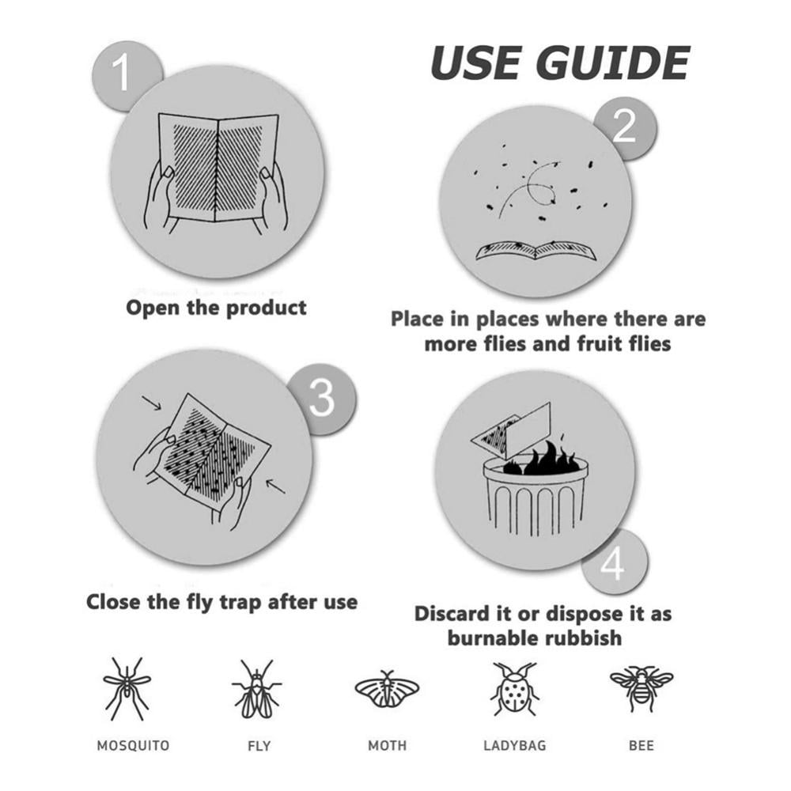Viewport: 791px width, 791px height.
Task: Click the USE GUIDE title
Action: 559,63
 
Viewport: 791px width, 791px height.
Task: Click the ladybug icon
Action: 514,688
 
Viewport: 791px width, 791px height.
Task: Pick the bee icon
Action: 641,687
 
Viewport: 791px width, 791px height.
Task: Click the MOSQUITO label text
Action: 133,745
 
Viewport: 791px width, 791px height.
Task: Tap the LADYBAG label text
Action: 514,745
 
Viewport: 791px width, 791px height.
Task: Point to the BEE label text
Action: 641,745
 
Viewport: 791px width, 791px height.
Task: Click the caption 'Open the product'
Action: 216,307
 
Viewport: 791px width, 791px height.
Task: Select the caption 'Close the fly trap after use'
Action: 221,602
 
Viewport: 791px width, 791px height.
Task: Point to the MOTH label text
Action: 387,745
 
